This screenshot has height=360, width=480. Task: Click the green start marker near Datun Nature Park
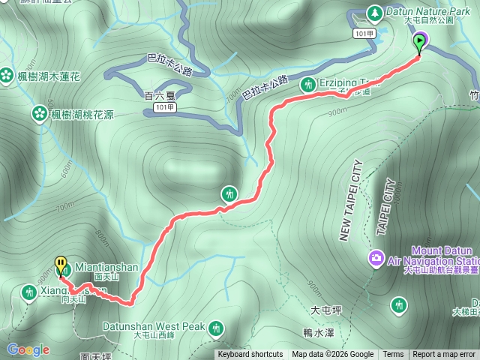click(419, 43)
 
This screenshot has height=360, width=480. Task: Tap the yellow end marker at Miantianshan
click(61, 265)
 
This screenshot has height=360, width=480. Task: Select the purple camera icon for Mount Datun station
click(375, 259)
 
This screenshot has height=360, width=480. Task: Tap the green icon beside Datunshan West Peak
click(216, 328)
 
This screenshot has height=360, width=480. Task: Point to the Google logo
click(28, 349)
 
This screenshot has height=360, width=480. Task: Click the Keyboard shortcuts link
click(250, 355)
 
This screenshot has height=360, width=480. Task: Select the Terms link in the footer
click(393, 355)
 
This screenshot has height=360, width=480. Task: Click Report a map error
click(444, 355)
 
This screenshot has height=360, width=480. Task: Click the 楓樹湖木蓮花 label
click(54, 76)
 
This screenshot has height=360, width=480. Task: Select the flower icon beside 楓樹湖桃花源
click(38, 114)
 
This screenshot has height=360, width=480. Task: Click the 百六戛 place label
click(157, 96)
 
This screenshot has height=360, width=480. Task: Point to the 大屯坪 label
click(325, 309)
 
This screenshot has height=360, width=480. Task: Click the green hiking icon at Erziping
click(307, 85)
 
